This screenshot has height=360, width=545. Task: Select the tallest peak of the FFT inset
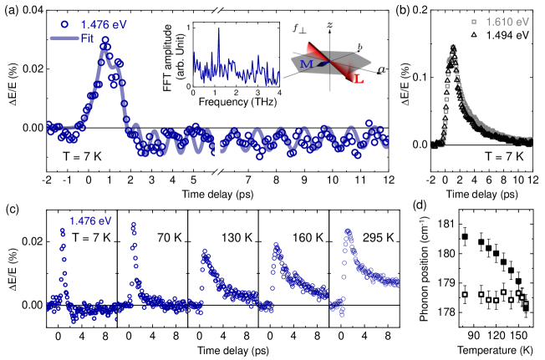219,30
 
